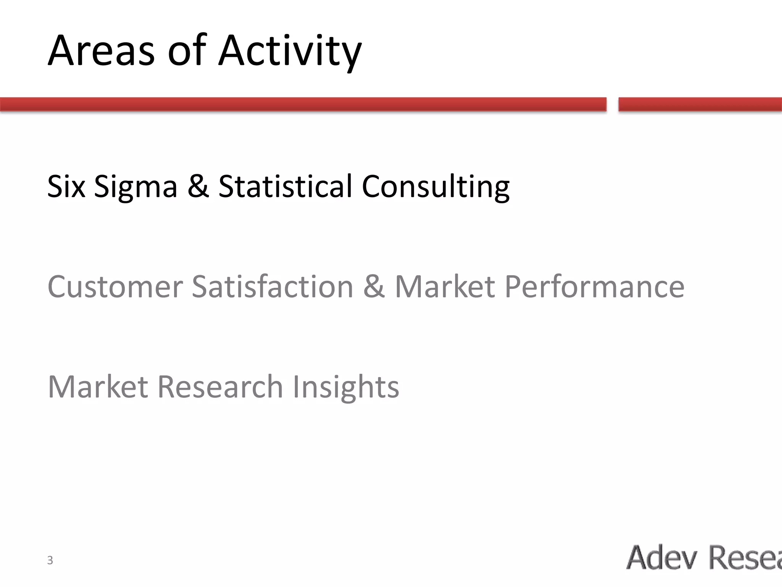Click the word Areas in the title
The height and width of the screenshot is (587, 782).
coord(101,51)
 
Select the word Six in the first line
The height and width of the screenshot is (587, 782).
coord(66,186)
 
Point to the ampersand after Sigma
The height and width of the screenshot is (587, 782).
coord(198,186)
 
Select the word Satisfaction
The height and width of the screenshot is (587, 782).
coord(272,287)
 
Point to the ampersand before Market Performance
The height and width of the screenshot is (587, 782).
coord(374,287)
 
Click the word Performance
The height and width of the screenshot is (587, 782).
coord(594,287)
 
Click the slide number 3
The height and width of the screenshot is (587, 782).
coord(50,560)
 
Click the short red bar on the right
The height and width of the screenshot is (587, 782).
coord(700,104)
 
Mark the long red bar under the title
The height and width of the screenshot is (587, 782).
coord(303,104)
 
